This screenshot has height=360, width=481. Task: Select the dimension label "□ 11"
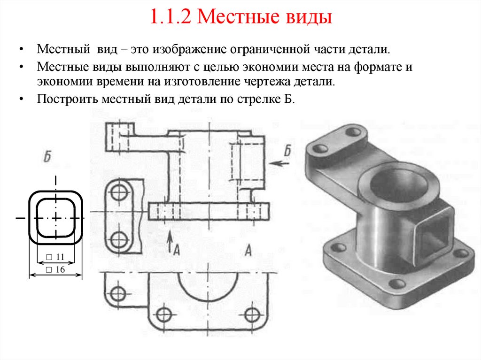pos(55,257)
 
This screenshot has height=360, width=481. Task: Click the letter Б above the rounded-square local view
pos(47,157)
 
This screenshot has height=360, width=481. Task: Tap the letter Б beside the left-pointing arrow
pos(287,152)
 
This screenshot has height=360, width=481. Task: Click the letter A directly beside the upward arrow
pos(177,251)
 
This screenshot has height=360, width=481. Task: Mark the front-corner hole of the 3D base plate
pos(397,283)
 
